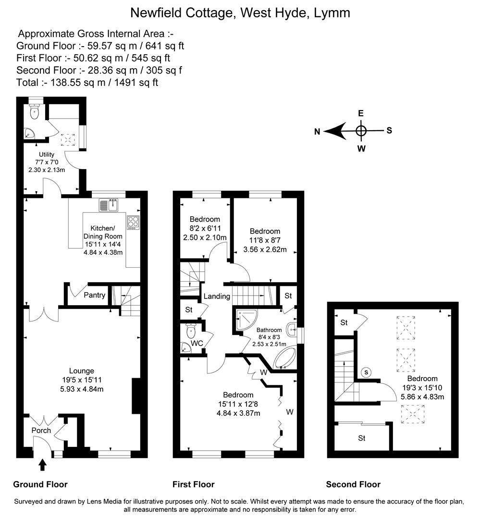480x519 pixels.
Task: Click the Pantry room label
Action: [94, 295]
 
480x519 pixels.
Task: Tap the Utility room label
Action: [47, 155]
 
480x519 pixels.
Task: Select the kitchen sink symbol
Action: [111, 205]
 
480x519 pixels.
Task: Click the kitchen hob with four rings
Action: [132, 222]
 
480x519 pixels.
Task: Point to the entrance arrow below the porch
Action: [43, 465]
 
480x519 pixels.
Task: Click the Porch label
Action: [41, 430]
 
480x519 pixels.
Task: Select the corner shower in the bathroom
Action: [246, 319]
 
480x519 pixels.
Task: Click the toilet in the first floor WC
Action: [191, 330]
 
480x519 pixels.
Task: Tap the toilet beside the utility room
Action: [34, 112]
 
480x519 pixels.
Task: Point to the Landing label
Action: [217, 296]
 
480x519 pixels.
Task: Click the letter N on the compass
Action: [317, 132]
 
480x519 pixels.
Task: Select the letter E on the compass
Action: [361, 113]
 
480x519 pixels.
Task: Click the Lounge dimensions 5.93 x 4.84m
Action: [81, 389]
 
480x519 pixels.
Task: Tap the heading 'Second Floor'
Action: [353, 484]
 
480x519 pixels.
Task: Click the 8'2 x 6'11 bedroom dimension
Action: [205, 228]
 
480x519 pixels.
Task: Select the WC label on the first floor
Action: [197, 344]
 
